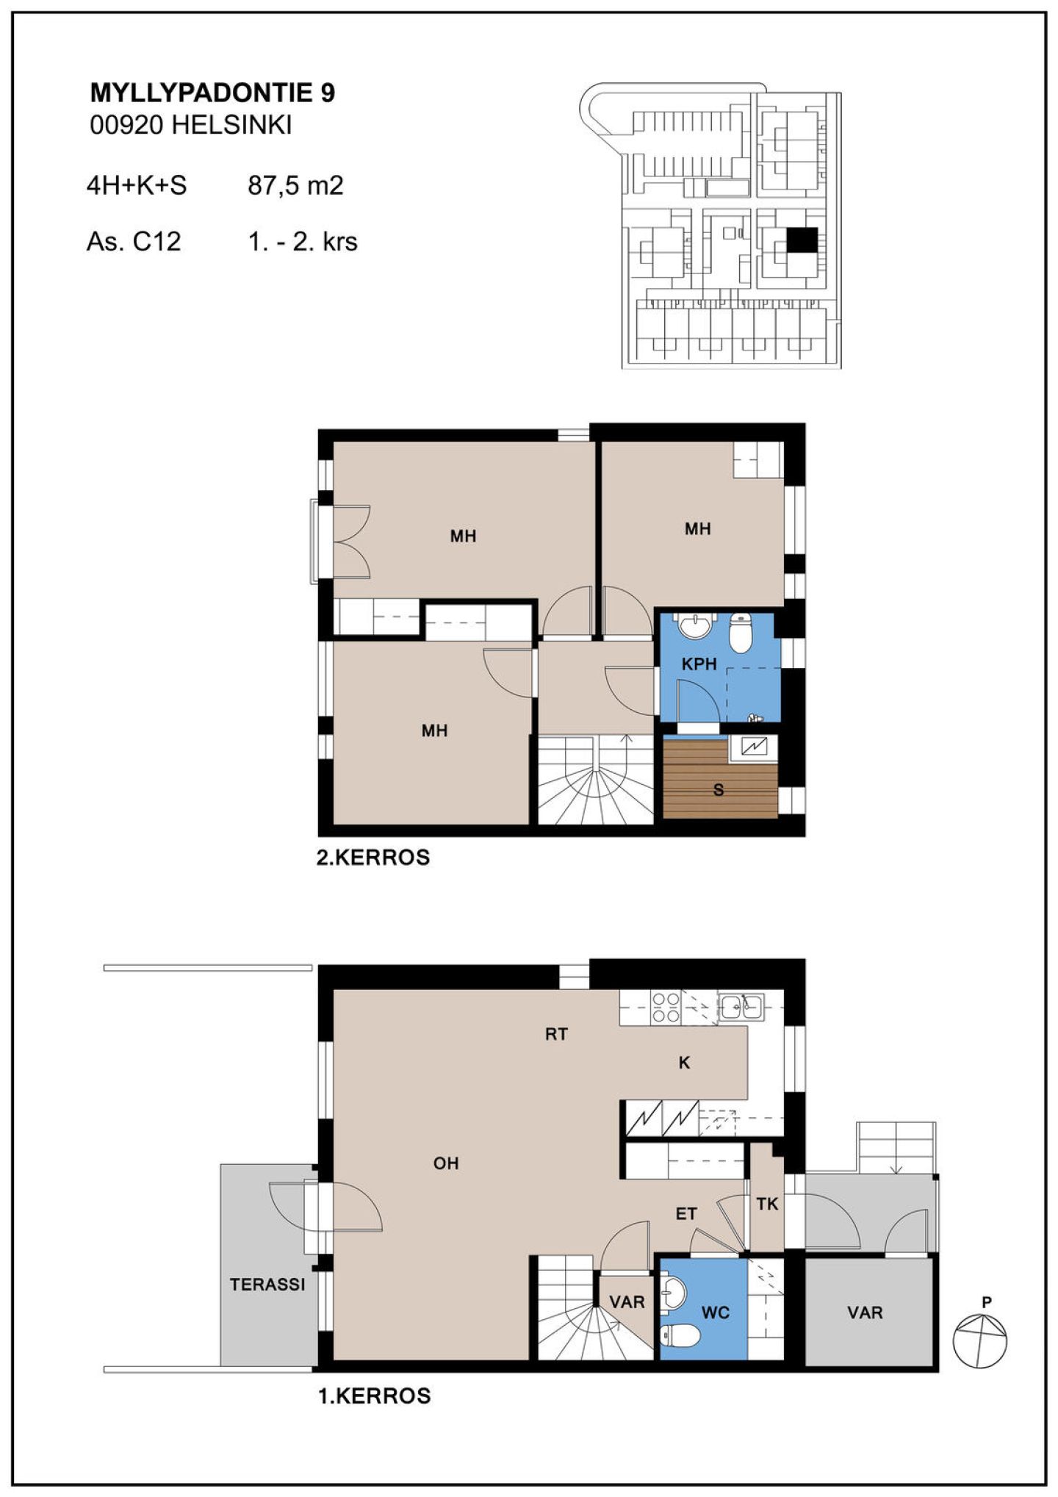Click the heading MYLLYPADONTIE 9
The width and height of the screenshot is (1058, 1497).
pos(212,93)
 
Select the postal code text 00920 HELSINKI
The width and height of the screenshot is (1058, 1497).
pos(191,125)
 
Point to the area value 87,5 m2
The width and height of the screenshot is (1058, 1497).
pos(295,185)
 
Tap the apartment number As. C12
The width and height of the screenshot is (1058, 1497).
pos(134,241)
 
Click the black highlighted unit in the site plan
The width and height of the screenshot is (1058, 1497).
pos(802,240)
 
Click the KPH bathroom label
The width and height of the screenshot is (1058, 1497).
pos(699,664)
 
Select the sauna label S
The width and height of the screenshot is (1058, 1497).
pos(719,790)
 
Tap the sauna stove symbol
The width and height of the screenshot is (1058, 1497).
pos(754,747)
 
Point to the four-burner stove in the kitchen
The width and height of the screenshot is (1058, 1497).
pos(666,1008)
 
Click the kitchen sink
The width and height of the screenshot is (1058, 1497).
pos(741,1006)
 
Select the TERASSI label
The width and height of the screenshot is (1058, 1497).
pos(267,1285)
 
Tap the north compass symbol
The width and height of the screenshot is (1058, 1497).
pos(980,1340)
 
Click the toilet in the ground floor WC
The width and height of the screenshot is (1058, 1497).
pos(680,1336)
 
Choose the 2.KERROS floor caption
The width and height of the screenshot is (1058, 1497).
pos(373,858)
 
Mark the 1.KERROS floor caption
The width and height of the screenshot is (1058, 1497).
pos(374,1396)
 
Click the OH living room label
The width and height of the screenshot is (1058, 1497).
pos(446,1163)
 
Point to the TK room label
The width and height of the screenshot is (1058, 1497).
pos(767,1204)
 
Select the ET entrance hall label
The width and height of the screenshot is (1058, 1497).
pos(686,1214)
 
